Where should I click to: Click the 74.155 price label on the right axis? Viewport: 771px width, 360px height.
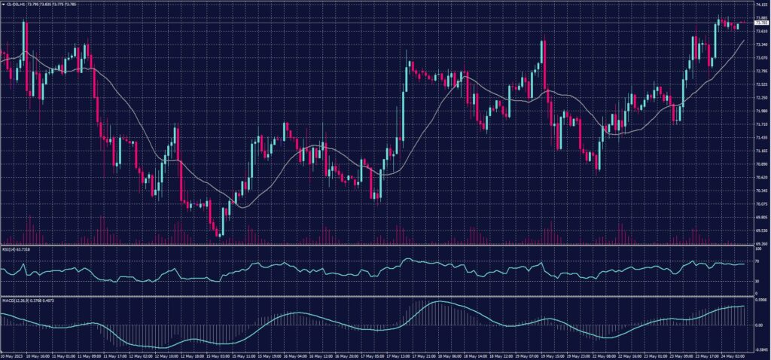[x=760, y=5]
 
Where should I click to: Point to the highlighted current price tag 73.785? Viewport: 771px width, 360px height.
[x=760, y=23]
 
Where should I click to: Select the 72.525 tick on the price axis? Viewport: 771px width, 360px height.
[x=760, y=84]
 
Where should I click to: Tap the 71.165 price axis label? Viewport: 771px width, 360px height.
[x=760, y=151]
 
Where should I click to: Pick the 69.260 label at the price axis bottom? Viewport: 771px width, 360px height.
[x=760, y=243]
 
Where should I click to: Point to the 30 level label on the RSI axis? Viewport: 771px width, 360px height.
[x=755, y=281]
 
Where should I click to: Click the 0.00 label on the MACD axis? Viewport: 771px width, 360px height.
[x=757, y=325]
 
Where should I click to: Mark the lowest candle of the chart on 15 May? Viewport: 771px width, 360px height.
[x=218, y=230]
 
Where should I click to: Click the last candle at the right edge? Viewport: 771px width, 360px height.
[x=738, y=26]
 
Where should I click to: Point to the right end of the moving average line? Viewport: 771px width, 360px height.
[x=744, y=41]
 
